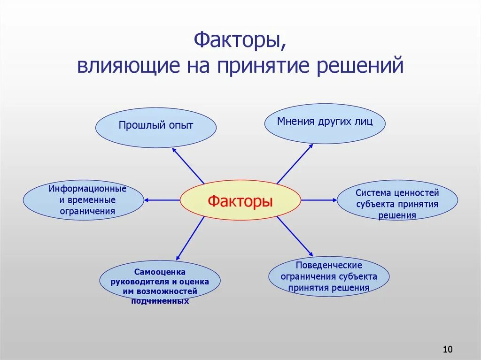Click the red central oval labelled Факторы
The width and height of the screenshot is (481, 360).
pyautogui.click(x=240, y=201)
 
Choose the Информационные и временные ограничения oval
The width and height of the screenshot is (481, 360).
pyautogui.click(x=83, y=200)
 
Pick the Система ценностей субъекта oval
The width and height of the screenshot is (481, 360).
pyautogui.click(x=397, y=201)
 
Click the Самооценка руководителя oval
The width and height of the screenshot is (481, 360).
pyautogui.click(x=160, y=281)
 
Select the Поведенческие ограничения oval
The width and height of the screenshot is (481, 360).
pyautogui.click(x=329, y=276)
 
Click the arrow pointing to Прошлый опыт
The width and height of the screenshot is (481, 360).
pyautogui.click(x=188, y=165)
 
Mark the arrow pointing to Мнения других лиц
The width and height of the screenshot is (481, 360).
pyautogui.click(x=295, y=163)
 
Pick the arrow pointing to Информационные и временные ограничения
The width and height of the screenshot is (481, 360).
pyautogui.click(x=162, y=200)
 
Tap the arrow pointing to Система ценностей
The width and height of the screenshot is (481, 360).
pyautogui.click(x=319, y=200)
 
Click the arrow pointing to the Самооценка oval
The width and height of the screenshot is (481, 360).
pyautogui.click(x=190, y=238)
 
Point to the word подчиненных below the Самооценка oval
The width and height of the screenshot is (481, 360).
pyautogui.click(x=160, y=301)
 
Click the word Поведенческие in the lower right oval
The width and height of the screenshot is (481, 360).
pyautogui.click(x=328, y=265)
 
